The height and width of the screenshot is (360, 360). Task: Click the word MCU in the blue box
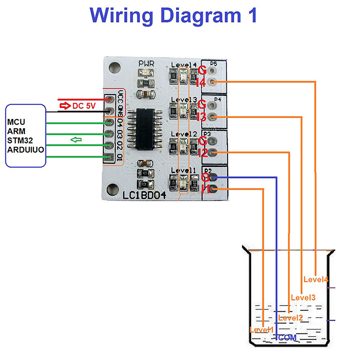tap(17, 122)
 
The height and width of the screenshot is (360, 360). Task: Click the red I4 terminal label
tap(201, 82)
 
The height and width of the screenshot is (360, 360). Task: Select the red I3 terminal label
tap(202, 117)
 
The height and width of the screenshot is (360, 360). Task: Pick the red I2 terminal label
tap(202, 153)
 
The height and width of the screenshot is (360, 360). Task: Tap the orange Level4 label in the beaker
tap(315, 279)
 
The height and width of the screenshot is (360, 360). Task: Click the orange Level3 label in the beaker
tap(303, 297)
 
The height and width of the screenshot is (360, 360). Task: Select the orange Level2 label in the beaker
tap(290, 318)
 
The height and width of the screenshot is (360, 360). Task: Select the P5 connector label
tap(214, 63)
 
